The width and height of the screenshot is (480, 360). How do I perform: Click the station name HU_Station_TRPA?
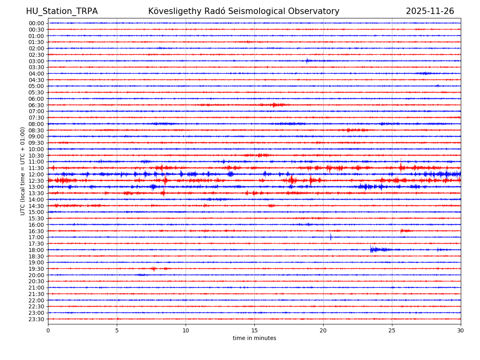pyautogui.click(x=62, y=12)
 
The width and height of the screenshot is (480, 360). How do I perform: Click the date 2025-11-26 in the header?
pyautogui.click(x=430, y=12)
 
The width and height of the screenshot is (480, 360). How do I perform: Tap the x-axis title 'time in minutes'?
pyautogui.click(x=254, y=338)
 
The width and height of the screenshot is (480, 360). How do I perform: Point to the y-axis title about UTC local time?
pyautogui.click(x=23, y=171)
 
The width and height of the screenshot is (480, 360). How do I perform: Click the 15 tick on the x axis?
pyautogui.click(x=254, y=331)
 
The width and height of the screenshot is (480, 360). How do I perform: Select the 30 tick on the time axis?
pyautogui.click(x=461, y=331)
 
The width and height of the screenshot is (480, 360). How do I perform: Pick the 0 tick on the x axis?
pyautogui.click(x=48, y=331)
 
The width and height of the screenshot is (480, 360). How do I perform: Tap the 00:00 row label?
pyautogui.click(x=36, y=23)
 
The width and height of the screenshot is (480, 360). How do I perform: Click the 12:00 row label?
pyautogui.click(x=36, y=174)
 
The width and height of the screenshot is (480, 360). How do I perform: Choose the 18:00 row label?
pyautogui.click(x=36, y=250)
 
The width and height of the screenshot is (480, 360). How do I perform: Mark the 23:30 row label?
pyautogui.click(x=36, y=319)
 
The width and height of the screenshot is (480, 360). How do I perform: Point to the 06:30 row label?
pyautogui.click(x=36, y=105)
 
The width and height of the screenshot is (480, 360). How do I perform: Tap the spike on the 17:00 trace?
pyautogui.click(x=331, y=237)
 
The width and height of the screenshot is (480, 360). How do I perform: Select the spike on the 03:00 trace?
pyautogui.click(x=307, y=61)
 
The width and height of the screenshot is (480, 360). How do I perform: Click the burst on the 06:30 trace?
pyautogui.click(x=274, y=105)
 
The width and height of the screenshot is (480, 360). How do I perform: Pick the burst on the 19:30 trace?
pyautogui.click(x=154, y=268)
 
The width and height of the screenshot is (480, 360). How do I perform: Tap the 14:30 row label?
pyautogui.click(x=36, y=206)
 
